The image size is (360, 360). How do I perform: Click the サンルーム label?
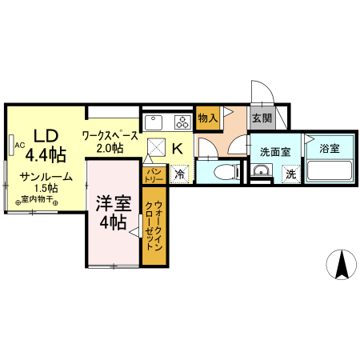[46, 177]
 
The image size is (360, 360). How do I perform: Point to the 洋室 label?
[113, 204]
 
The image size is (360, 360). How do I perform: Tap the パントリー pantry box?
[154, 173]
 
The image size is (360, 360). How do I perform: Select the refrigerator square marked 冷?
[179, 173]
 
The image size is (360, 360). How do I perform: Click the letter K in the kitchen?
[178, 148]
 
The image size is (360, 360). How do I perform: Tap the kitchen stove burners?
[182, 122]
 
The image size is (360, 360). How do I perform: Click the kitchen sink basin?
[154, 122]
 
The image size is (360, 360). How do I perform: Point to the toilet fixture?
[226, 171]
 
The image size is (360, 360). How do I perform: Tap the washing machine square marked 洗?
[290, 173]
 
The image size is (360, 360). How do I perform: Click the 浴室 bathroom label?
[329, 148]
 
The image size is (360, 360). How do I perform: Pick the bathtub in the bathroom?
[329, 171]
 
